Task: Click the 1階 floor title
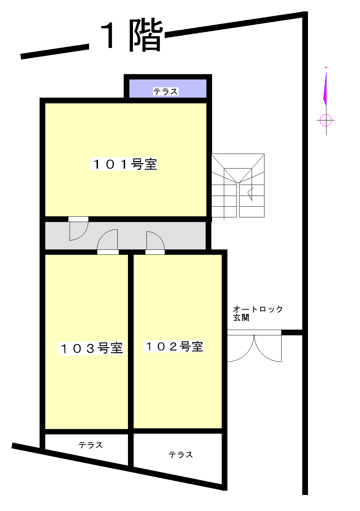coord(132,35)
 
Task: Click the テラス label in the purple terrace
coord(165,92)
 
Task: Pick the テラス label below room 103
coord(91,445)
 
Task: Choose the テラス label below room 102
coord(180,455)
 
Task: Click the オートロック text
coord(258,309)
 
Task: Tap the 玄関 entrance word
coord(241,317)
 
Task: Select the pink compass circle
coord(325,120)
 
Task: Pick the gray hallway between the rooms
coord(125,236)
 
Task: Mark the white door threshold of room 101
coord(78,219)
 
